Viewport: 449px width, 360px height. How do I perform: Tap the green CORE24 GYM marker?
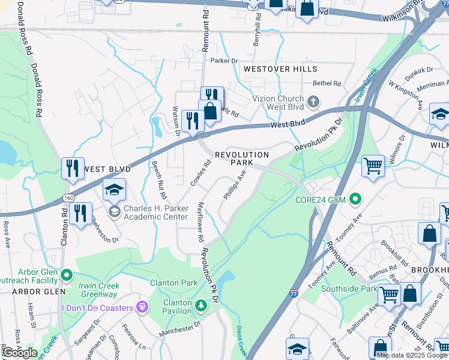pyautogui.click(x=356, y=198)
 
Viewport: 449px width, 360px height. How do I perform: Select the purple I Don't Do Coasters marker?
pyautogui.click(x=142, y=308)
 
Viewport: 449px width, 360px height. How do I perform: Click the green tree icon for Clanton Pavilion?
pyautogui.click(x=201, y=307)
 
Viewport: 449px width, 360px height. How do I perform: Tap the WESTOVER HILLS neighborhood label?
pyautogui.click(x=280, y=69)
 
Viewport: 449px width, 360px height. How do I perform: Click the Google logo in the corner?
pyautogui.click(x=19, y=352)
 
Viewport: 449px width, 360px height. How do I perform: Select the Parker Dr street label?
pyautogui.click(x=224, y=61)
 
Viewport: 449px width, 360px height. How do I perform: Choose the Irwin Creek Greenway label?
pyautogui.click(x=98, y=290)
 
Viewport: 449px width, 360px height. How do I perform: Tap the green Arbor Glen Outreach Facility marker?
pyautogui.click(x=66, y=275)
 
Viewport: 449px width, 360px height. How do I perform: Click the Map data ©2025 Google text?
pyautogui.click(x=411, y=355)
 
